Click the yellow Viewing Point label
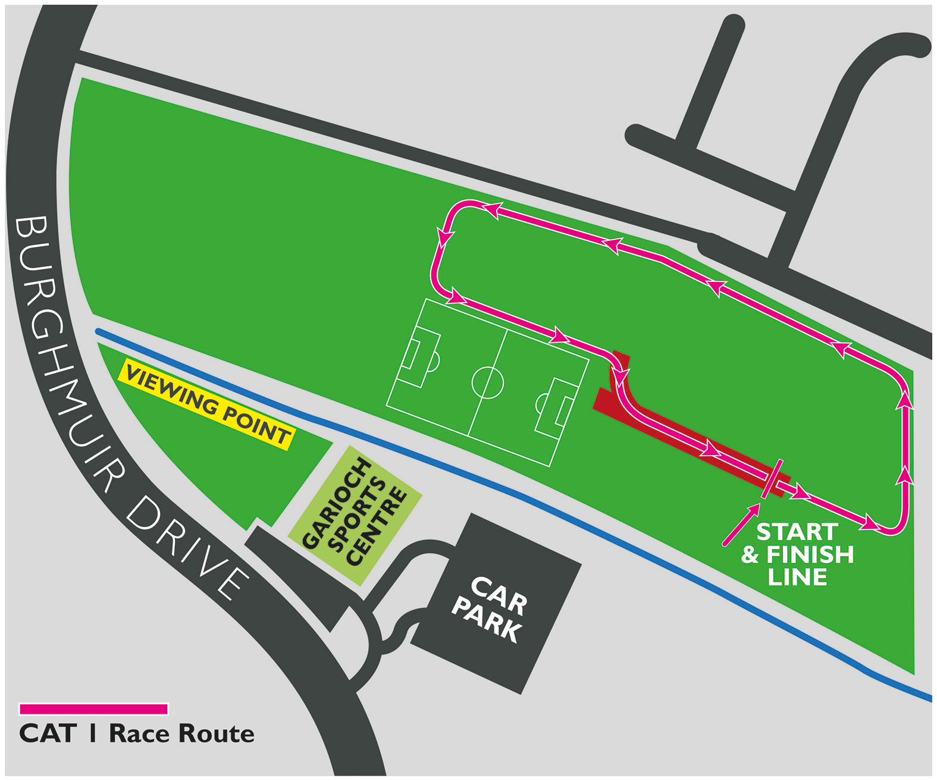point(206,404)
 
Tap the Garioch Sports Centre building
point(355,514)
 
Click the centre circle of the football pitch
point(487,382)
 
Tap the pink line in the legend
point(93,709)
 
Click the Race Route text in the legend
point(181,734)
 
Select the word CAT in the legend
point(48,734)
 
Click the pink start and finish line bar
point(772,479)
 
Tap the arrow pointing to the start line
point(741,524)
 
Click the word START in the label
point(797,532)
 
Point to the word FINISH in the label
point(810,555)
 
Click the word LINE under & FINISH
point(797,577)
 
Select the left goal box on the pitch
point(420,357)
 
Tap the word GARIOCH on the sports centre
point(337,503)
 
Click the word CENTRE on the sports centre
point(377,527)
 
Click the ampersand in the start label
point(750,555)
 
